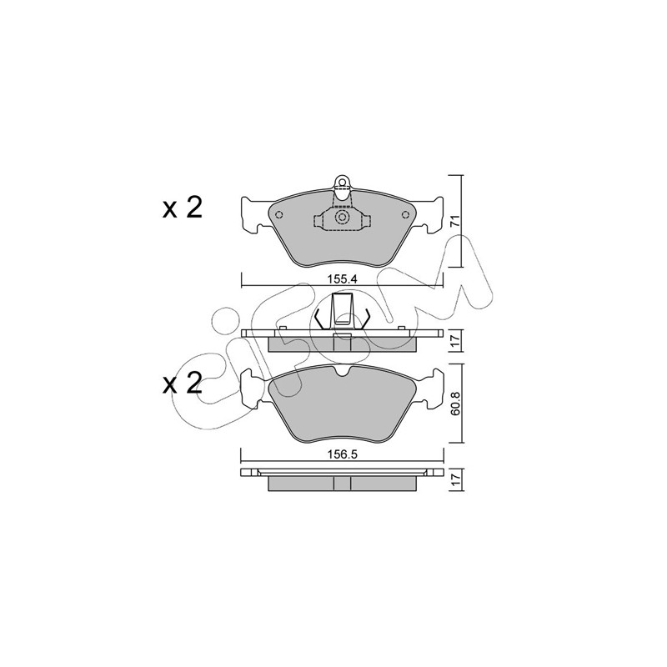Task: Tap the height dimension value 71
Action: click(x=454, y=221)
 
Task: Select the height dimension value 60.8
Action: click(x=454, y=403)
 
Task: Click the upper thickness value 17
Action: click(x=454, y=340)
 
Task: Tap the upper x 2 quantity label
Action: click(x=182, y=208)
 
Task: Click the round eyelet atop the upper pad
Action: click(x=342, y=182)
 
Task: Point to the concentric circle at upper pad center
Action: click(x=342, y=217)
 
